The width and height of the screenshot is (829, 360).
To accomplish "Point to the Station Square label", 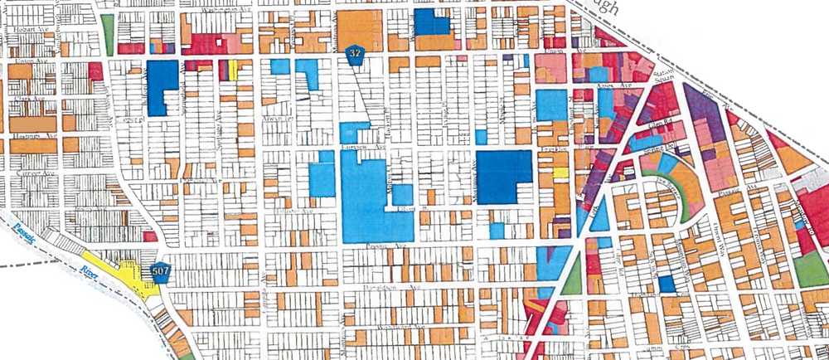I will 661,77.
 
